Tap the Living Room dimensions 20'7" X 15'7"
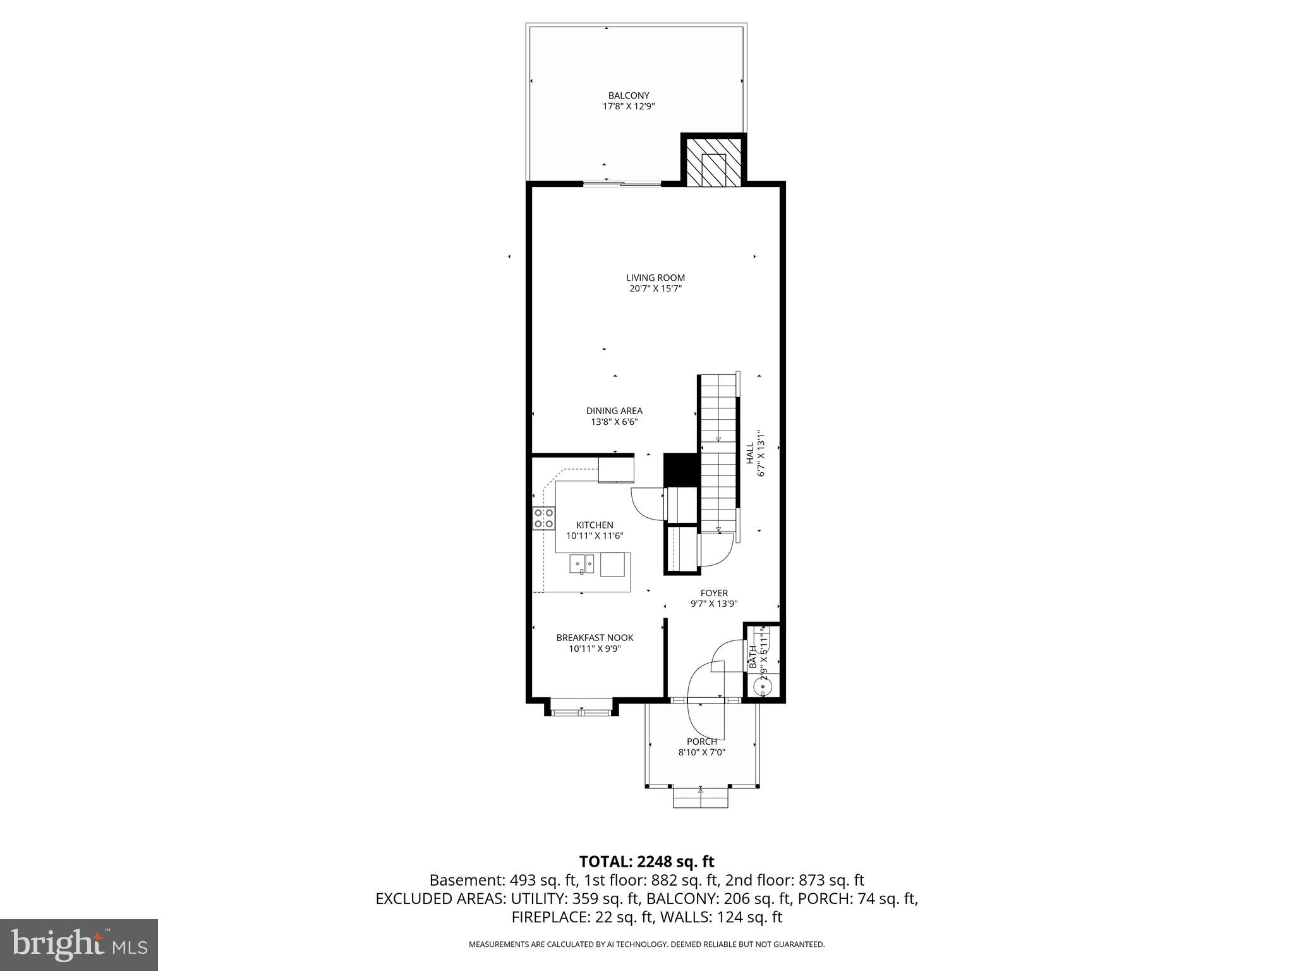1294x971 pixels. (655, 289)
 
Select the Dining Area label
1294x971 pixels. (614, 411)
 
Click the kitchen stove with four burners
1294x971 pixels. (544, 518)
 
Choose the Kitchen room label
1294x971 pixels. (595, 525)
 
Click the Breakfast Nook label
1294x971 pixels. (595, 638)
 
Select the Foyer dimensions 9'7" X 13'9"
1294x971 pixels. (714, 604)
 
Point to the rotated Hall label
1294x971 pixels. (749, 453)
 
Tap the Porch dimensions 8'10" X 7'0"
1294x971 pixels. (701, 752)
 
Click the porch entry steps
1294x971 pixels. (701, 798)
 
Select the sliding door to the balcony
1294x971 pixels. (622, 184)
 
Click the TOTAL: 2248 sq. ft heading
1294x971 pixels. (646, 862)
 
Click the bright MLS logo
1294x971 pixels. (79, 945)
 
